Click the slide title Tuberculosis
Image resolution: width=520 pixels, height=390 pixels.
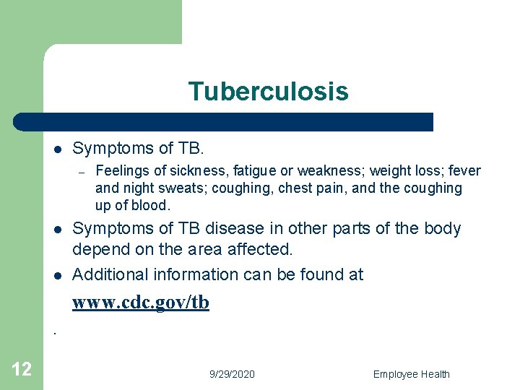click(x=268, y=92)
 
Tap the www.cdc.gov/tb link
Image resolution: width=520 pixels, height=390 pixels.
click(x=140, y=303)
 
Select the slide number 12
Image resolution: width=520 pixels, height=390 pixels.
click(x=22, y=370)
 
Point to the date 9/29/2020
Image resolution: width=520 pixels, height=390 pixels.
click(x=232, y=374)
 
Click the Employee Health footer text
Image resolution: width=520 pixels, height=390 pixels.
click(x=411, y=374)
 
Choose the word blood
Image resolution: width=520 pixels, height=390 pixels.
click(x=152, y=205)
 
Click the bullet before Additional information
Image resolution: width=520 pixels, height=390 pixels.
click(x=56, y=275)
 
